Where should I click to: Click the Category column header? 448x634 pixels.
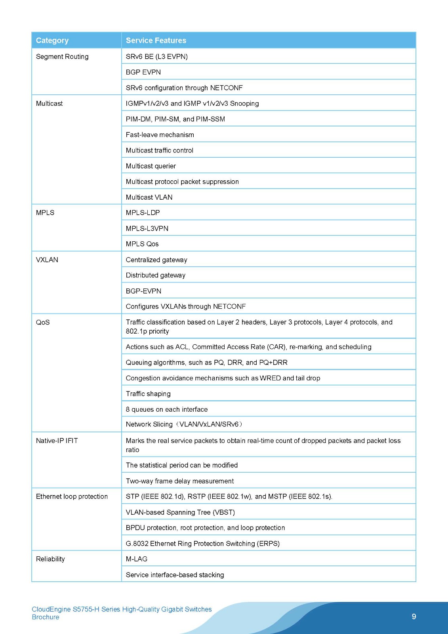click(52, 40)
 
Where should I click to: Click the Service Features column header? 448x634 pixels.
click(156, 40)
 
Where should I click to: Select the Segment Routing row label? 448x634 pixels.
click(62, 57)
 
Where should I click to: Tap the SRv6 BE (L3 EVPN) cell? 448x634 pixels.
click(157, 57)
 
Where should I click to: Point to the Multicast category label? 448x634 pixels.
click(50, 103)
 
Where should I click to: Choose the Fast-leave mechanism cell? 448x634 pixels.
click(160, 135)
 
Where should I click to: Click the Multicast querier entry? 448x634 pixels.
click(151, 166)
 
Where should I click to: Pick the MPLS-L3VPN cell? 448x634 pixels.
click(147, 229)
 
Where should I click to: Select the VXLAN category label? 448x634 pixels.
click(47, 260)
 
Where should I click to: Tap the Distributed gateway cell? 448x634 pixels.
click(156, 275)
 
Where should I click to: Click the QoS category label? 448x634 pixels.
click(43, 323)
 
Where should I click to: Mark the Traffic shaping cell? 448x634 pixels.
click(148, 394)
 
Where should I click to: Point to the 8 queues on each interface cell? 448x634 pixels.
click(167, 409)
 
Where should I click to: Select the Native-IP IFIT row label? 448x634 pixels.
click(57, 441)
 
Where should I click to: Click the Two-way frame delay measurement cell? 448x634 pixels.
click(180, 481)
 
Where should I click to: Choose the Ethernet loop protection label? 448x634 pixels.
click(72, 497)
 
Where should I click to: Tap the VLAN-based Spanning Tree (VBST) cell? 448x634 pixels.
click(180, 512)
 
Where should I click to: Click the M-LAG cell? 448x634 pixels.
click(137, 559)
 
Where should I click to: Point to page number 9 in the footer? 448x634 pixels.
click(414, 617)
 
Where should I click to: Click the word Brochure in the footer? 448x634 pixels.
click(46, 617)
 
